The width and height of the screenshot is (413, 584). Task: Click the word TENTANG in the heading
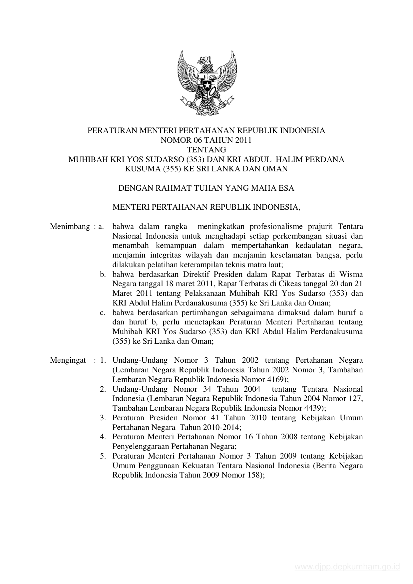click(x=206, y=150)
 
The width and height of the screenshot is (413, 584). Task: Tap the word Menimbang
click(x=70, y=227)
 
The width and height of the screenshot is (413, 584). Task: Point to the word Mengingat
click(x=68, y=360)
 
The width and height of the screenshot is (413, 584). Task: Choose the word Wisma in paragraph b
click(x=351, y=275)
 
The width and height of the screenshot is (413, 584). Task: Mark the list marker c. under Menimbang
click(x=103, y=313)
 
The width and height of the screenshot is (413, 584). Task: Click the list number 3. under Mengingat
click(x=103, y=418)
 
